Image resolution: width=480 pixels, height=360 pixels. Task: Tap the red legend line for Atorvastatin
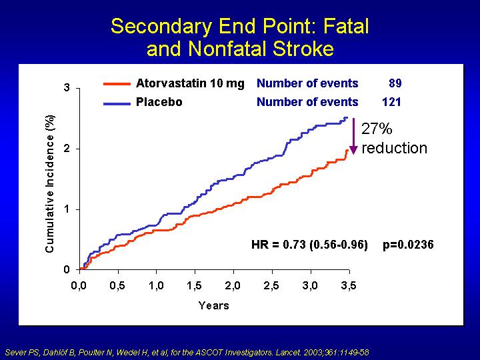[x=117, y=83]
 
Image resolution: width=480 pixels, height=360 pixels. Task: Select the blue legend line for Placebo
[x=117, y=103]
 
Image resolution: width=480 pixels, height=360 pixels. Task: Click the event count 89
[x=395, y=83]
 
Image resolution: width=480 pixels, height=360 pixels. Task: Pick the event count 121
[x=391, y=102]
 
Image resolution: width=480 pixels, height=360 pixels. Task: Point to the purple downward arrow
[x=353, y=136]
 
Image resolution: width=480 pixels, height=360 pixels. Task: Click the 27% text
[x=377, y=129]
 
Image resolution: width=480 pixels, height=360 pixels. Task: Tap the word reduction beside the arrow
[x=394, y=148]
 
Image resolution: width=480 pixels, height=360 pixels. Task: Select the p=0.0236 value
[x=408, y=244]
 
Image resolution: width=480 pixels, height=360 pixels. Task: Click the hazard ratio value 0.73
[x=294, y=244]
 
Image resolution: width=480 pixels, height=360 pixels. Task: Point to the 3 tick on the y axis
[x=67, y=88]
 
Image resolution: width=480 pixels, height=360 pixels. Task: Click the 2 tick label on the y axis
[x=67, y=149]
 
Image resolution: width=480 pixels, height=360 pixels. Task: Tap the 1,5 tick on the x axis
[x=194, y=286]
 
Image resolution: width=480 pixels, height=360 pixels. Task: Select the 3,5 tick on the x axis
[x=349, y=286]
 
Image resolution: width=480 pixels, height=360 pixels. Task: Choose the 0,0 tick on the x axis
[x=79, y=286]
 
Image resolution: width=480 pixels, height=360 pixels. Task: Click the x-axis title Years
[x=214, y=305]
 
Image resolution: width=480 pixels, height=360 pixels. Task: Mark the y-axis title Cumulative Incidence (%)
[x=49, y=184]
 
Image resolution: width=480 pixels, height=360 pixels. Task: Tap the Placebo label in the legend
[x=159, y=102]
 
